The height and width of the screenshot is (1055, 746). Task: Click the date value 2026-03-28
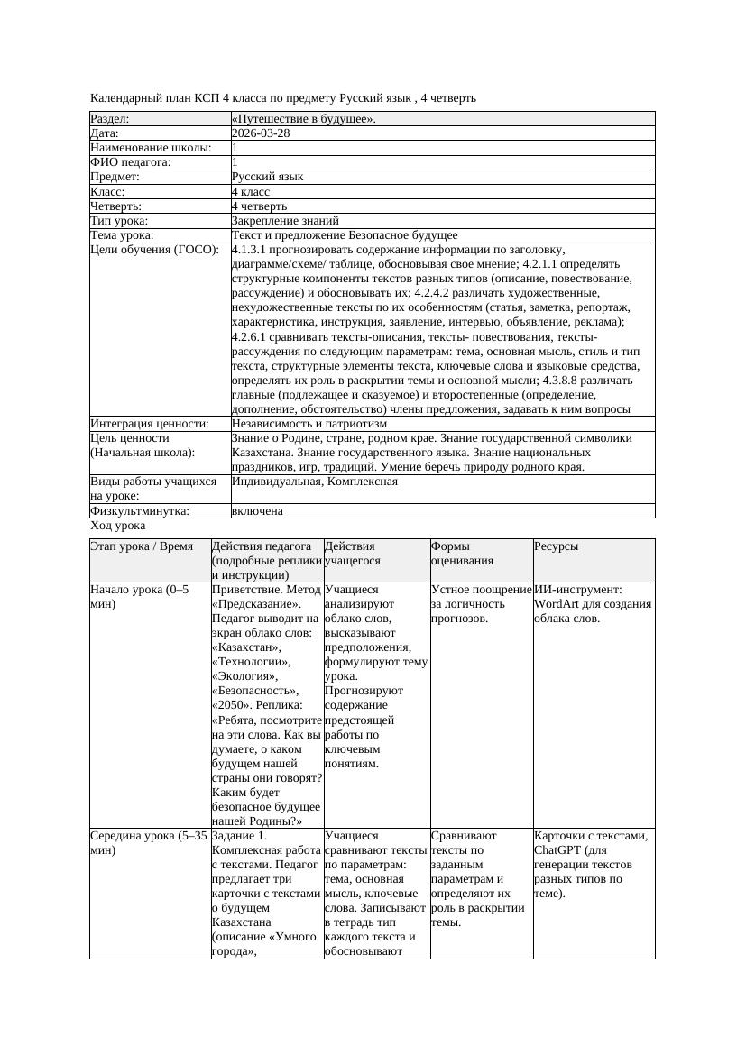coord(261,133)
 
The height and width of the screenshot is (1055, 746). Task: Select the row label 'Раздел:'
coord(110,119)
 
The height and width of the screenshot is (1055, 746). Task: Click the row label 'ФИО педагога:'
coord(131,162)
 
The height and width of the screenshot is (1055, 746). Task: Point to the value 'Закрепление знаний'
coord(285,220)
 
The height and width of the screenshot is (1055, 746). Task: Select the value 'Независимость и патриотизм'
coord(309,423)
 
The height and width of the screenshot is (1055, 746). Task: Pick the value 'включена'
coord(257,511)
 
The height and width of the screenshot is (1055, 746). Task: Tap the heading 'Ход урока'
coord(118,526)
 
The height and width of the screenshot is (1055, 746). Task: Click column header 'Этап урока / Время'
coord(142,546)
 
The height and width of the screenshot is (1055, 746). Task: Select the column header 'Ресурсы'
coord(556,546)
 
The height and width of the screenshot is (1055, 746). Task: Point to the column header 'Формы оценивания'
coord(463,553)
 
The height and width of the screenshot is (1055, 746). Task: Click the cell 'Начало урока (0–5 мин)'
coord(139,596)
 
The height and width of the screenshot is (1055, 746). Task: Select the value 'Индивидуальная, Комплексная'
coord(314,482)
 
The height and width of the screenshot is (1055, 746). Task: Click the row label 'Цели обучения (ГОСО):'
coord(154,249)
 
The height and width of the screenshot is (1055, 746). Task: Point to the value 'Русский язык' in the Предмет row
coord(267,177)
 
